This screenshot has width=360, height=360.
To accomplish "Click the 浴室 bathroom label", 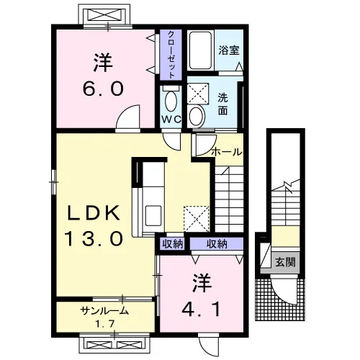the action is pos(229,50).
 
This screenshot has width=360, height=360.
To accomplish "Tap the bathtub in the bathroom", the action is pos(200,50).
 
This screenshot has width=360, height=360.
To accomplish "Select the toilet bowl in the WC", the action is pos(171,100).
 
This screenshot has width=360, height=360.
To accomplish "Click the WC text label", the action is pos(171,119).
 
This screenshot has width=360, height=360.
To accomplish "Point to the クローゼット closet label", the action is pos(171,55).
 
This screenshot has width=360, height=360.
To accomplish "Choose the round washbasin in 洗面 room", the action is pos(197,117).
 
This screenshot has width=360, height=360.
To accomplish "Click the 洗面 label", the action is pos(222,104).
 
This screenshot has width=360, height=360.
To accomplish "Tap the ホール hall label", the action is pos(227,152).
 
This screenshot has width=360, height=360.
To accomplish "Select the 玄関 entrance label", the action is pos(285,262).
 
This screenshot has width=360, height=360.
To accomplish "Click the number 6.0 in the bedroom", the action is pos(103,89).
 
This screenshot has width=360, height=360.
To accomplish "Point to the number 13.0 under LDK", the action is pos(94,238).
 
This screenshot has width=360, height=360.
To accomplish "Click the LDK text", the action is pos(94,212).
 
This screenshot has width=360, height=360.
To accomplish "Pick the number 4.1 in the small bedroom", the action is pos(201,309).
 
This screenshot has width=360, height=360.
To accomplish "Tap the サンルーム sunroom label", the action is pos(104,311).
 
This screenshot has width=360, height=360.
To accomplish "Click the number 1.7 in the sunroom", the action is pos(104,324).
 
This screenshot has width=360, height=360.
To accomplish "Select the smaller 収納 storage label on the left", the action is pos(173,244).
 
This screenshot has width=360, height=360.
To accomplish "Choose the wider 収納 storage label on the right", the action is pos(217,244).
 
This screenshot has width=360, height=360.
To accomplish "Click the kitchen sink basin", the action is pos(153,215).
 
